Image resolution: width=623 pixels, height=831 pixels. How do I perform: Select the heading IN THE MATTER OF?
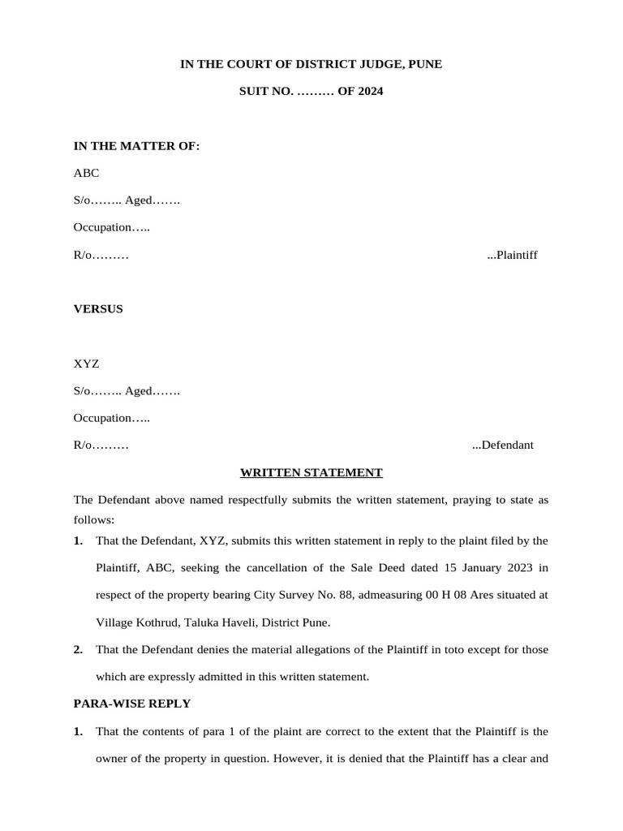[136, 145]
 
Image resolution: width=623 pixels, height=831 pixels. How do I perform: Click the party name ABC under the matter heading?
[87, 173]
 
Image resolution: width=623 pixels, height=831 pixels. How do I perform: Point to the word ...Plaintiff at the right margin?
[512, 255]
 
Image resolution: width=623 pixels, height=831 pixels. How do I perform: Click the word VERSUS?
[98, 308]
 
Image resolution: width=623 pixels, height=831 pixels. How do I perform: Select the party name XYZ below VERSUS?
[87, 364]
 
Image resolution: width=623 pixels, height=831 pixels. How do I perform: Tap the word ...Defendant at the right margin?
[502, 445]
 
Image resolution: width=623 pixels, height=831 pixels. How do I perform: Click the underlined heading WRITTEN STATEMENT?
[311, 471]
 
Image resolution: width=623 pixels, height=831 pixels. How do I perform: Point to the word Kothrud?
[155, 622]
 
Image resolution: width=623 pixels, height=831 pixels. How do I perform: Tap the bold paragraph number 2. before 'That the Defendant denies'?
[78, 649]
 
